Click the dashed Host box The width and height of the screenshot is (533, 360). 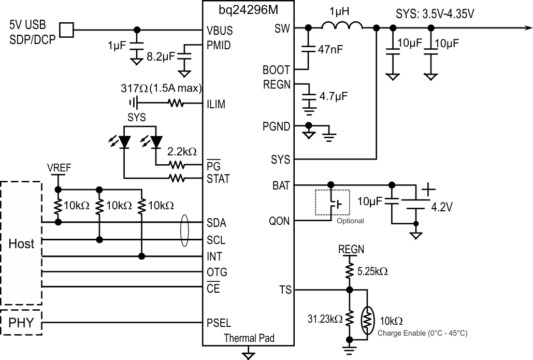(21, 243)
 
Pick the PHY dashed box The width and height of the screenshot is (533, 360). (21, 324)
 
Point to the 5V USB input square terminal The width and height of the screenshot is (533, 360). (66, 30)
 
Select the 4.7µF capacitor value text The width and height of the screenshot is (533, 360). (334, 96)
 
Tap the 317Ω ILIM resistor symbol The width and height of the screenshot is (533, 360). (176, 104)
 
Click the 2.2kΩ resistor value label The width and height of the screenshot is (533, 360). (182, 152)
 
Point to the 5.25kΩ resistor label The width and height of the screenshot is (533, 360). (373, 270)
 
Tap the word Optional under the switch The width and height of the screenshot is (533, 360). (350, 221)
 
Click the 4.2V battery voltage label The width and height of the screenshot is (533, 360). (442, 207)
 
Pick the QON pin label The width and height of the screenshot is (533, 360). (280, 221)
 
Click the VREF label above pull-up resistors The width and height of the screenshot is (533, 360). (59, 168)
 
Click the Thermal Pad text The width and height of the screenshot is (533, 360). (249, 338)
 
